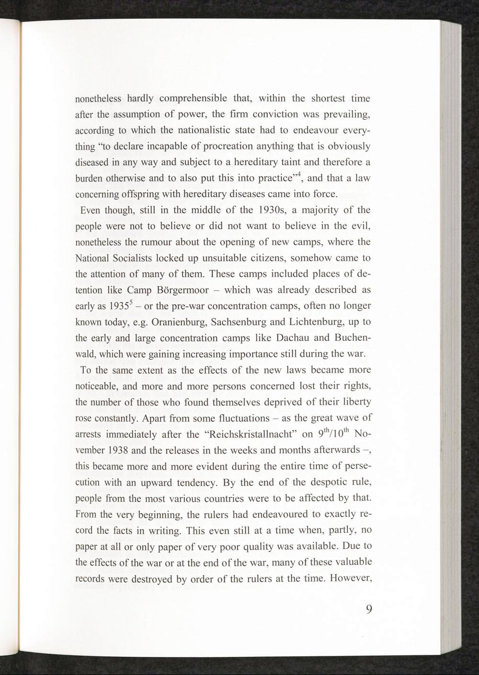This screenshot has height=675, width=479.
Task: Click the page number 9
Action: (369, 609)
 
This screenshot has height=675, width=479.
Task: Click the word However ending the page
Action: (352, 578)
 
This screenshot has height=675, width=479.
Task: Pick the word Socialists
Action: (132, 258)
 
